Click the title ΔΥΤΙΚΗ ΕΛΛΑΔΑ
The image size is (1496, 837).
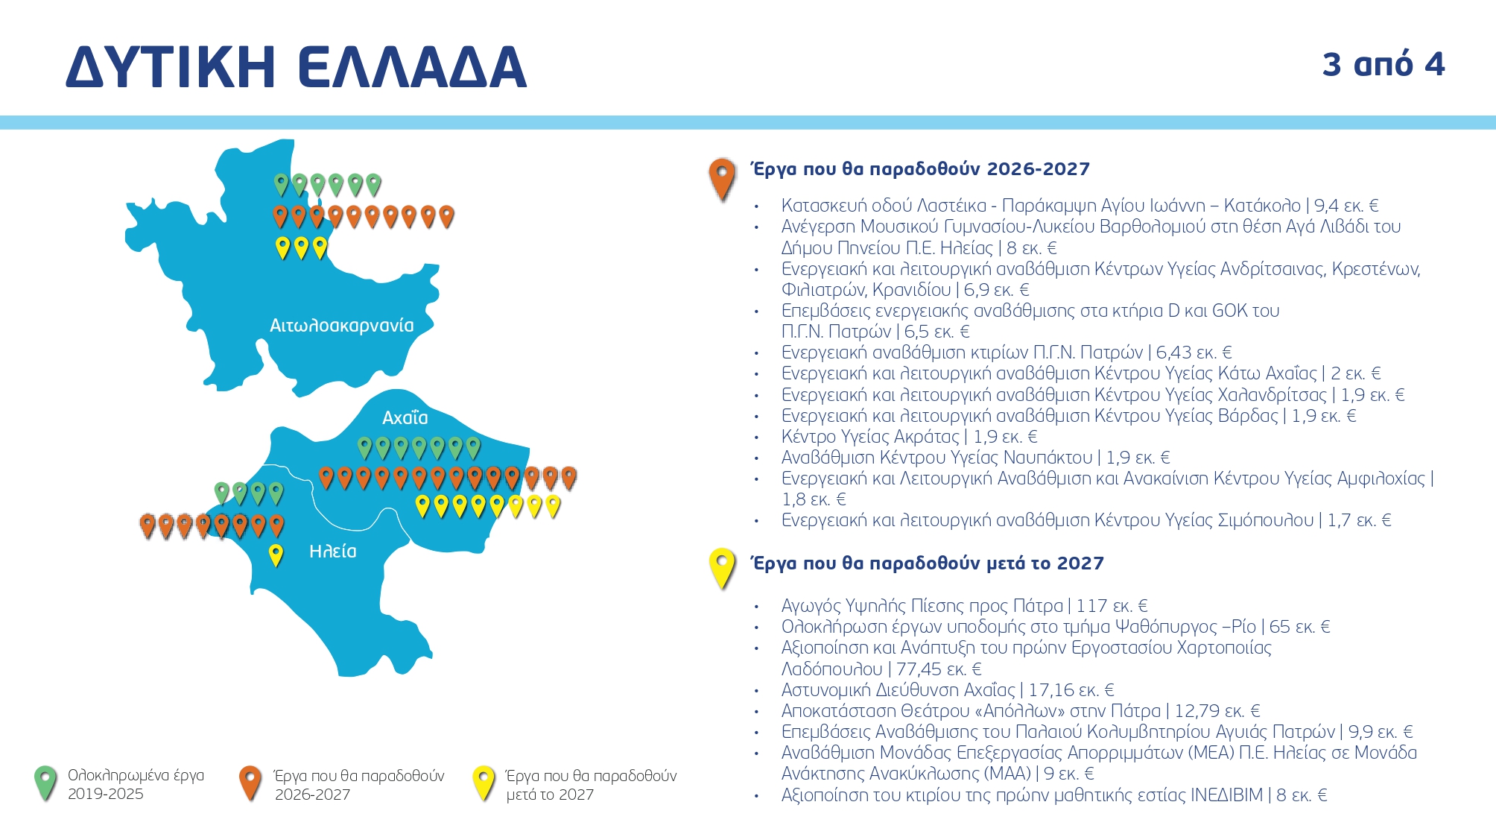point(296,67)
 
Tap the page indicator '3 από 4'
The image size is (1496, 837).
point(1383,65)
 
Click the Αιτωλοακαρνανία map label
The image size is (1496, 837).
point(341,326)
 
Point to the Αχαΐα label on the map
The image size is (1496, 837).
point(405,417)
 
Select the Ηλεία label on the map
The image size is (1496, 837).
point(332,552)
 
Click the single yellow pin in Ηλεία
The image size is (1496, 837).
point(276,555)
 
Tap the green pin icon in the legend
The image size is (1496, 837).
point(45,783)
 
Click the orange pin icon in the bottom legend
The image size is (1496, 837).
point(250,783)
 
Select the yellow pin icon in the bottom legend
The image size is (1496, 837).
point(484,783)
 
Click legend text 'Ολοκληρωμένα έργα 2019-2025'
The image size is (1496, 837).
point(136,784)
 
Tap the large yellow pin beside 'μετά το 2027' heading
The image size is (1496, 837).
point(722,568)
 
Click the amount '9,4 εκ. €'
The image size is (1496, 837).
point(1346,206)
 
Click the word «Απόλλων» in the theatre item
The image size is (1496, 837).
point(1036,711)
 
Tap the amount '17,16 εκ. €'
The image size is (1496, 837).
point(1071,690)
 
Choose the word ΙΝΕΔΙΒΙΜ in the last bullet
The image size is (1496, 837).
point(1226,795)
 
